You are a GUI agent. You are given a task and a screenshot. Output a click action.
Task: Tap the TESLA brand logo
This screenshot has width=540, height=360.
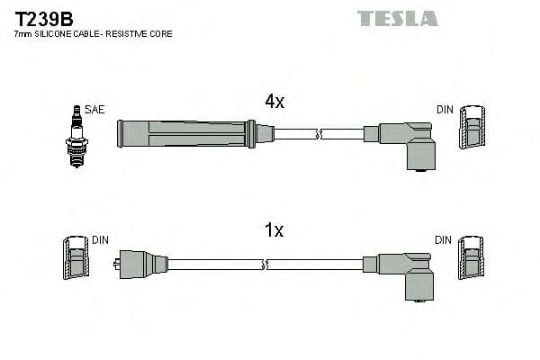(397, 18)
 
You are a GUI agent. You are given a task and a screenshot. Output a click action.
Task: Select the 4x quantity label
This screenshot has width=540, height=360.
(274, 102)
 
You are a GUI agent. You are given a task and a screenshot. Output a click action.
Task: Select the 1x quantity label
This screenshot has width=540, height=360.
(274, 231)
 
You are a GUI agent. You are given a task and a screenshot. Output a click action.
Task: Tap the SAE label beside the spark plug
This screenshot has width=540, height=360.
(96, 110)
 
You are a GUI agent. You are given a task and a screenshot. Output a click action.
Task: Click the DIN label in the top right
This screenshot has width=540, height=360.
(445, 110)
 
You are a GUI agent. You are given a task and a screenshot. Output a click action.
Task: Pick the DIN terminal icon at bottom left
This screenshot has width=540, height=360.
(76, 262)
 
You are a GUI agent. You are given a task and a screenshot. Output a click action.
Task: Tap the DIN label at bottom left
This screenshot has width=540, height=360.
(100, 240)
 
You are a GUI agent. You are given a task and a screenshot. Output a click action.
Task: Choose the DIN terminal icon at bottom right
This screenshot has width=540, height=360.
(472, 262)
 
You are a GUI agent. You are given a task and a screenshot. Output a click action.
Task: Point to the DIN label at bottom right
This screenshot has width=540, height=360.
(444, 240)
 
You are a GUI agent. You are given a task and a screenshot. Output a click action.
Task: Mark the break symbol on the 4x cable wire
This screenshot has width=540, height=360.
(319, 134)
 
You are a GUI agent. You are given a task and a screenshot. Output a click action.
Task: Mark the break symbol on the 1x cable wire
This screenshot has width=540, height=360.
(265, 265)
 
